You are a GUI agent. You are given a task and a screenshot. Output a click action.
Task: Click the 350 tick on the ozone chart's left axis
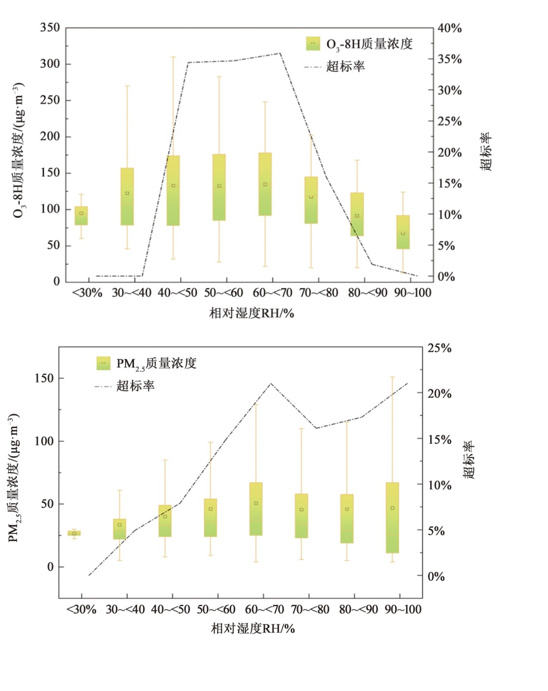click(50, 28)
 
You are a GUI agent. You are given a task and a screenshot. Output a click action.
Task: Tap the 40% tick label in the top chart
click(449, 28)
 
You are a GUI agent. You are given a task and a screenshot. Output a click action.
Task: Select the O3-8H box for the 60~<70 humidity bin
click(265, 184)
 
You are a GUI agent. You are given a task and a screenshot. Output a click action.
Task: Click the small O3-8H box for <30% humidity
click(81, 216)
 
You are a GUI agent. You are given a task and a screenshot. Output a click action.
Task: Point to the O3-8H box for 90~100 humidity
click(403, 232)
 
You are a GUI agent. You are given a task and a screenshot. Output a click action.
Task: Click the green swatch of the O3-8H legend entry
click(313, 44)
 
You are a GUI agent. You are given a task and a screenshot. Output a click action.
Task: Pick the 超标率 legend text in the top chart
click(345, 67)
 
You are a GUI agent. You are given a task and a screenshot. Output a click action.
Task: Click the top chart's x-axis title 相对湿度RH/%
click(252, 313)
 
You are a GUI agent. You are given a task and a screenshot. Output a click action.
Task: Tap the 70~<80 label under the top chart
click(319, 293)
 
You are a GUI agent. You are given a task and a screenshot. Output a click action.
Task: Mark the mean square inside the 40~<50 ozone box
click(173, 186)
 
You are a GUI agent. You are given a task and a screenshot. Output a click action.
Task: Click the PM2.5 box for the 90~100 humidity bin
click(392, 517)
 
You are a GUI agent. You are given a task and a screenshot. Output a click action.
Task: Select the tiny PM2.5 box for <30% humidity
click(74, 533)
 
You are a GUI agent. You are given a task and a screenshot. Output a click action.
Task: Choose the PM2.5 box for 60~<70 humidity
click(256, 508)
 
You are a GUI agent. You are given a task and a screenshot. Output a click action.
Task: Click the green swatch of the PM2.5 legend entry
click(103, 363)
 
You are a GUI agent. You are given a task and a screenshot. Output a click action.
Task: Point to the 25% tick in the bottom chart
click(439, 348)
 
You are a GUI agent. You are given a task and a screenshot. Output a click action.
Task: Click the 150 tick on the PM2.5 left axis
click(44, 378)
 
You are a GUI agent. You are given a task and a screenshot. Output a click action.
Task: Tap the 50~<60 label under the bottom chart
click(216, 610)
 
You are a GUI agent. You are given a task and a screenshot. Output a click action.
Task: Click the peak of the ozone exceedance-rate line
click(280, 53)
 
